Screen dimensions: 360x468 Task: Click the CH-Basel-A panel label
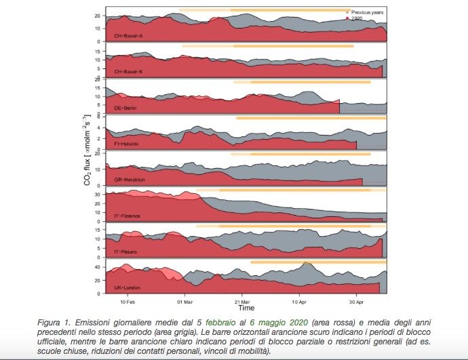tap(128, 36)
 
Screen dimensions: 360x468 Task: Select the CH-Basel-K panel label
tap(128, 72)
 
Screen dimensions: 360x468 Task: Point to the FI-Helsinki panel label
tap(126, 144)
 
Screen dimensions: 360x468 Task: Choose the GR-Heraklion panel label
tap(130, 180)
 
